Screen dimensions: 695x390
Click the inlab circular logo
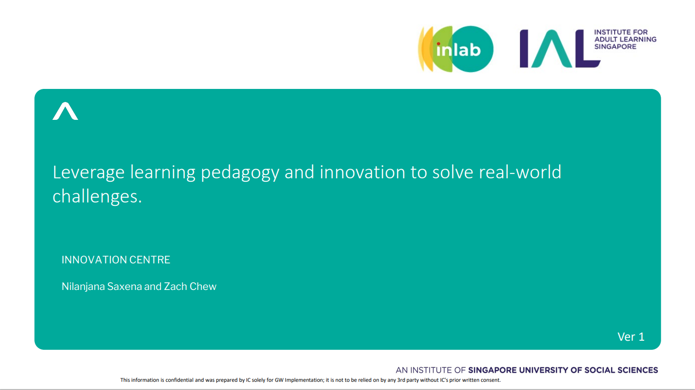pos(456,49)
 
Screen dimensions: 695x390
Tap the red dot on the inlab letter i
pos(438,44)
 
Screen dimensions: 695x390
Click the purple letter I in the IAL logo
pos(524,48)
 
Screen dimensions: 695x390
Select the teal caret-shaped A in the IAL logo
pos(552,48)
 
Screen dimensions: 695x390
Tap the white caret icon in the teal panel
pos(65,111)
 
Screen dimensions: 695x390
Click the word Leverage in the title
pos(89,173)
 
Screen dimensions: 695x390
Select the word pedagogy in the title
pos(240,173)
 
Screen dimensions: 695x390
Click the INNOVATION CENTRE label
pos(116,260)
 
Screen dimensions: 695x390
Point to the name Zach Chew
pos(190,286)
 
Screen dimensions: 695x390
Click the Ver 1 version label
pos(631,337)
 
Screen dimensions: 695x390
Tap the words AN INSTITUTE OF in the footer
pos(430,370)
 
